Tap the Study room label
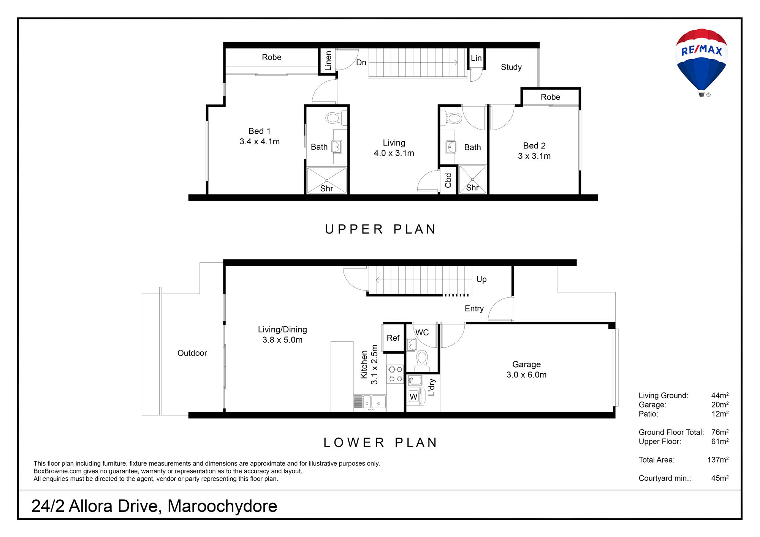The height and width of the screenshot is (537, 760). pos(511,67)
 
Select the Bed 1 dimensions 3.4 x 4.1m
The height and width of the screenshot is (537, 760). pos(260,142)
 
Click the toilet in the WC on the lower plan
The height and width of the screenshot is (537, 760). pos(422,361)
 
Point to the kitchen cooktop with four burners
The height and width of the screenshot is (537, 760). pos(395,374)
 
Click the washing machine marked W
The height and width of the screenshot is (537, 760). pos(413,396)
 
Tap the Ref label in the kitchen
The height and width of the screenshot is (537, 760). pos(393,338)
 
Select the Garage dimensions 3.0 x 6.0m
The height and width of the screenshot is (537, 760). pos(526,375)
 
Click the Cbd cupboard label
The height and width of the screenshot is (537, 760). pos(448,180)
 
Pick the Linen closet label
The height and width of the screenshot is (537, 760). pos(328,61)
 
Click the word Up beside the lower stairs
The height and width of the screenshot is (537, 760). pos(481,280)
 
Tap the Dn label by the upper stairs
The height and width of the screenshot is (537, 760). pos(361,63)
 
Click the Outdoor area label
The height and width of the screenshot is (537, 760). pos(192,353)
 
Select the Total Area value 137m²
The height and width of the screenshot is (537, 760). pos(718,460)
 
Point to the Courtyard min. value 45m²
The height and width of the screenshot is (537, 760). pos(720,478)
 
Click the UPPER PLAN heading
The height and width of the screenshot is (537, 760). pos(380,229)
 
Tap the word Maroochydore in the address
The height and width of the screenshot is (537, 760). pos(222,506)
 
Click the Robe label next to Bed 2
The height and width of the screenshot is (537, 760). pos(550,97)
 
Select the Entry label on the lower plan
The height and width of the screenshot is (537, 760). pos(474,309)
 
